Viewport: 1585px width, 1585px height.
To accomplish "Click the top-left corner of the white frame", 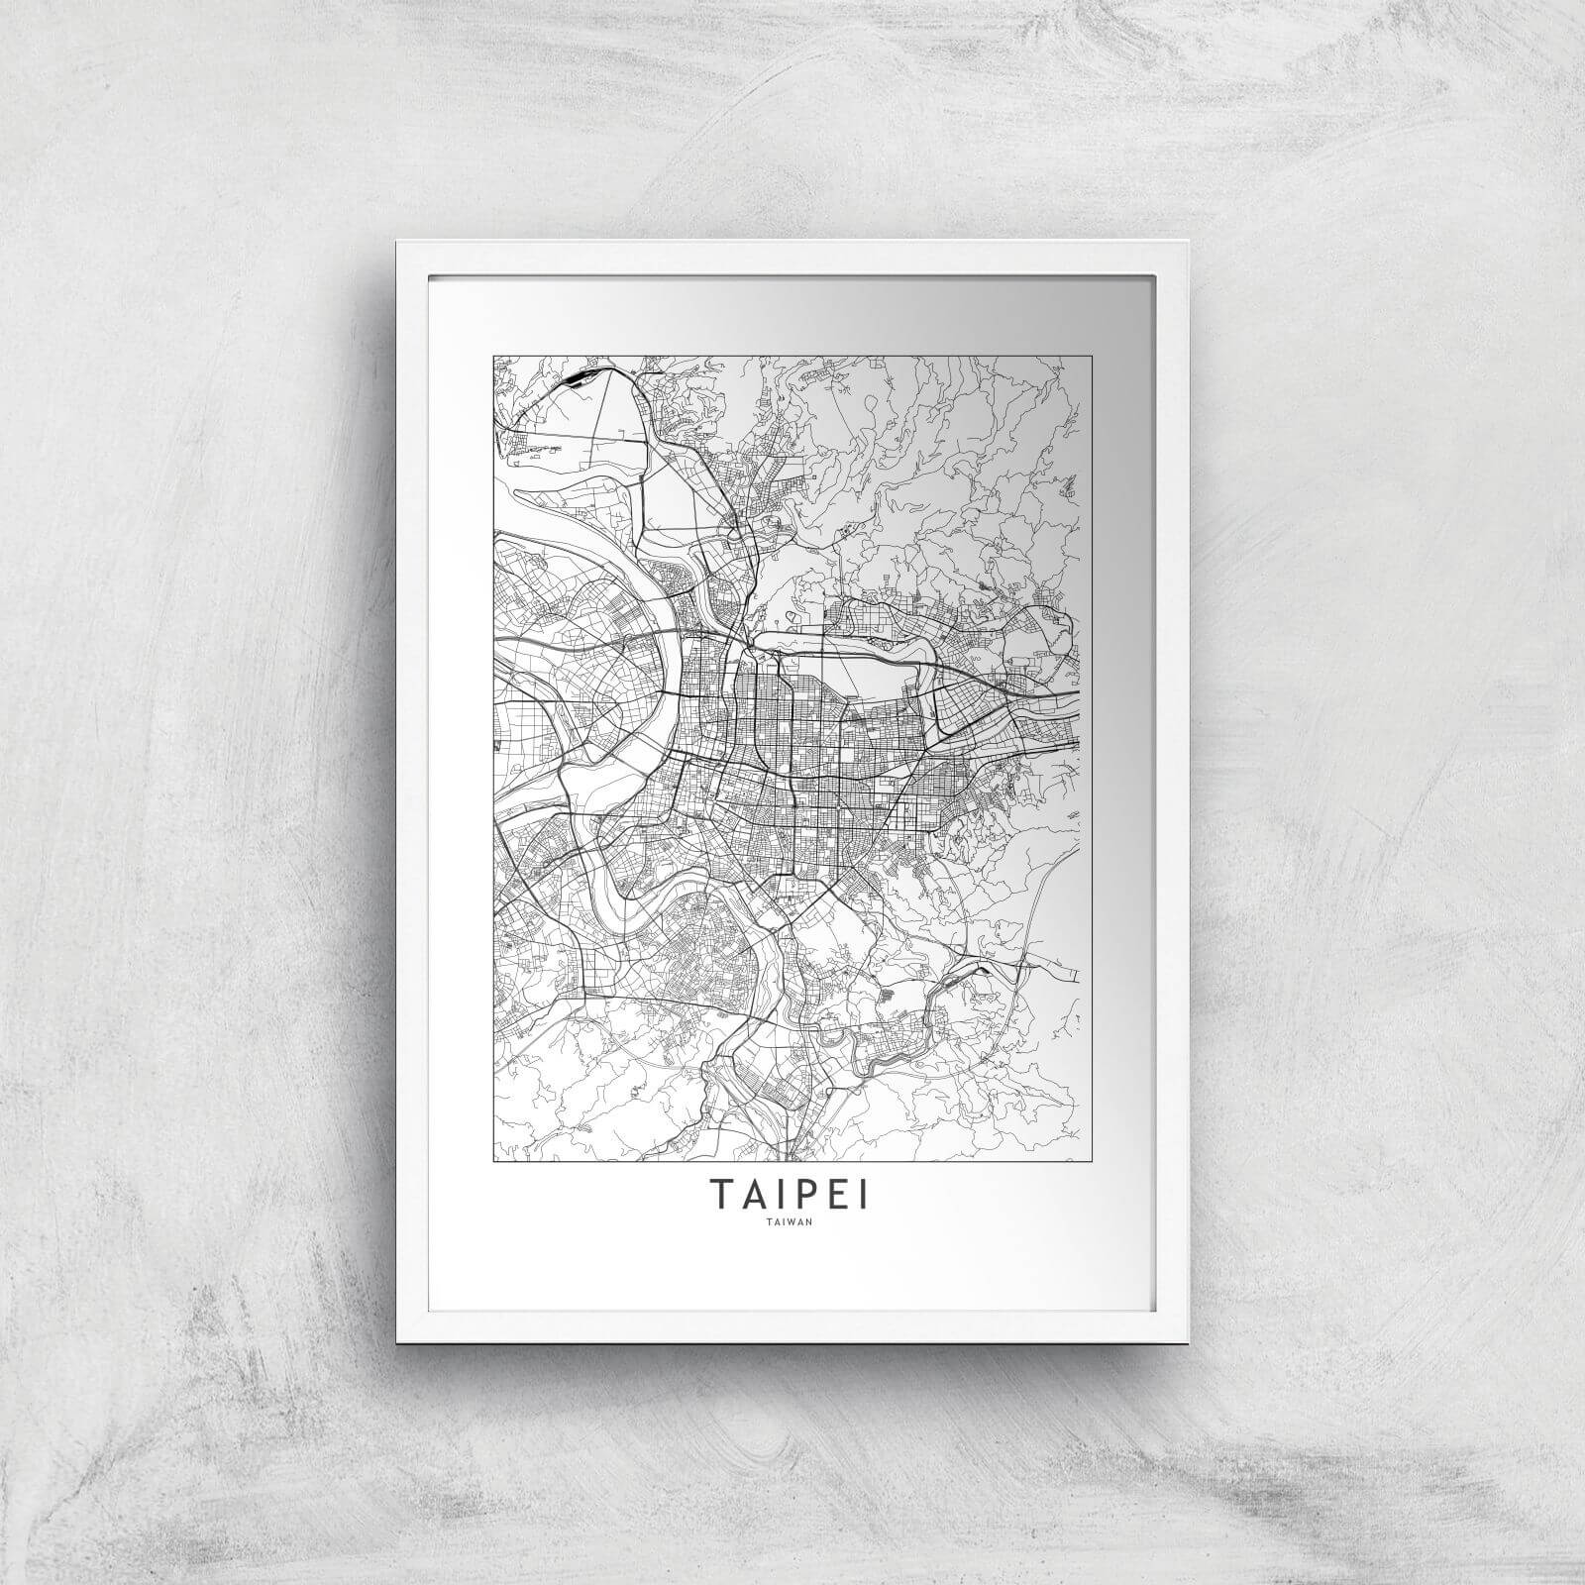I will (397, 242).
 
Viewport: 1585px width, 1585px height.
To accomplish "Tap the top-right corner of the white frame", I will (1186, 242).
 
